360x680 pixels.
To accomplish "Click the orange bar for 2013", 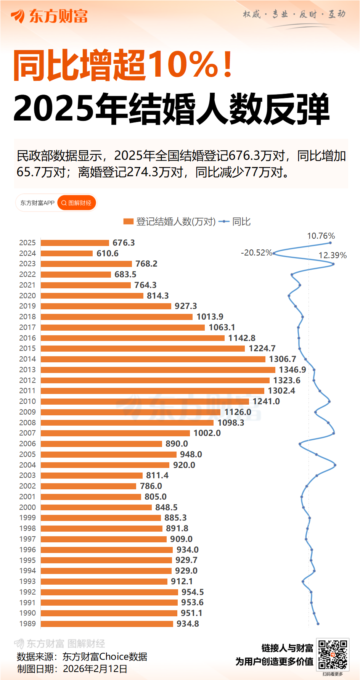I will coord(158,370).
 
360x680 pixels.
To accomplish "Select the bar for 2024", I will coord(67,253).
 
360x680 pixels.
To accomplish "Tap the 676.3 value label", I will coord(124,243).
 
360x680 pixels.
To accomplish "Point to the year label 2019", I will coord(27,306).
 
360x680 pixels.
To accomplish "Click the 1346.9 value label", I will coord(292,370).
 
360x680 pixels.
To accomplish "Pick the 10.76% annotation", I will coord(321,236).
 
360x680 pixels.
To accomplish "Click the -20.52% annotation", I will coord(256,252).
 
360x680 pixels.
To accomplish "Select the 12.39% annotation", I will coord(333,255).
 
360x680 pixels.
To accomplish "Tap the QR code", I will coord(333,655).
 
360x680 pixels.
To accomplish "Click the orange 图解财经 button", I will coord(77,203).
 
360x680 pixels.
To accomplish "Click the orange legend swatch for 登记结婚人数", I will coord(128,222).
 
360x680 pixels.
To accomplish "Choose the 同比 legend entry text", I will coord(241,222).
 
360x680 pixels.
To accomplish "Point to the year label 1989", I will coord(27,624).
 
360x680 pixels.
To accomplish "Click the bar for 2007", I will coord(115,433).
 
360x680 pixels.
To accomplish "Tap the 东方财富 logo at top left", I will coord(49,16).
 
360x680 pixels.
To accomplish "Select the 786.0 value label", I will coord(151,486).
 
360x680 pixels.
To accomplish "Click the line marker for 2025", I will coord(330,243).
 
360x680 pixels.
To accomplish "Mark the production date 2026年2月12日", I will coord(95,669).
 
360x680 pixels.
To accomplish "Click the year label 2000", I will coord(27,507).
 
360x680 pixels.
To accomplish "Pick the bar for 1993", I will coord(104,581).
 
